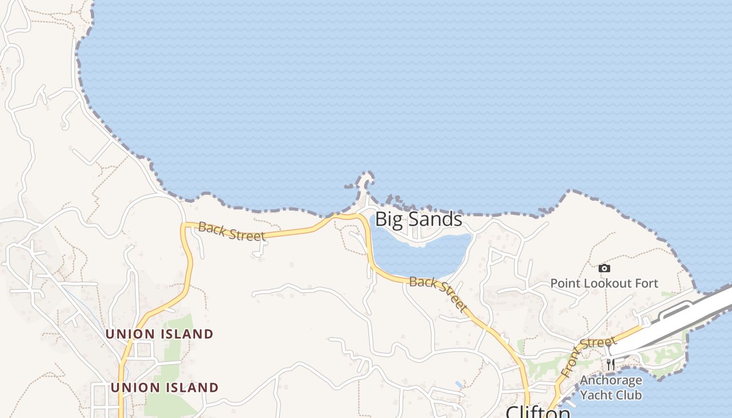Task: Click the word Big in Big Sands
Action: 388,219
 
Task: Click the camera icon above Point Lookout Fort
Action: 604,269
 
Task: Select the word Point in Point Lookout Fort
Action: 565,284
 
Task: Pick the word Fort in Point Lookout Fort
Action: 645,284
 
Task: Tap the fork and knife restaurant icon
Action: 610,364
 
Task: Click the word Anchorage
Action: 611,380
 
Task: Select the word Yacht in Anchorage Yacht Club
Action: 596,394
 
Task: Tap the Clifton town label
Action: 537,412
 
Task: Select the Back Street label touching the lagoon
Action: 438,294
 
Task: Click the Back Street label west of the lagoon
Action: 232,231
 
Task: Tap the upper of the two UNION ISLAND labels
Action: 159,334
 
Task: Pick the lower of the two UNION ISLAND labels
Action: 164,388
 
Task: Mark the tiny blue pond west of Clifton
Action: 459,385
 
